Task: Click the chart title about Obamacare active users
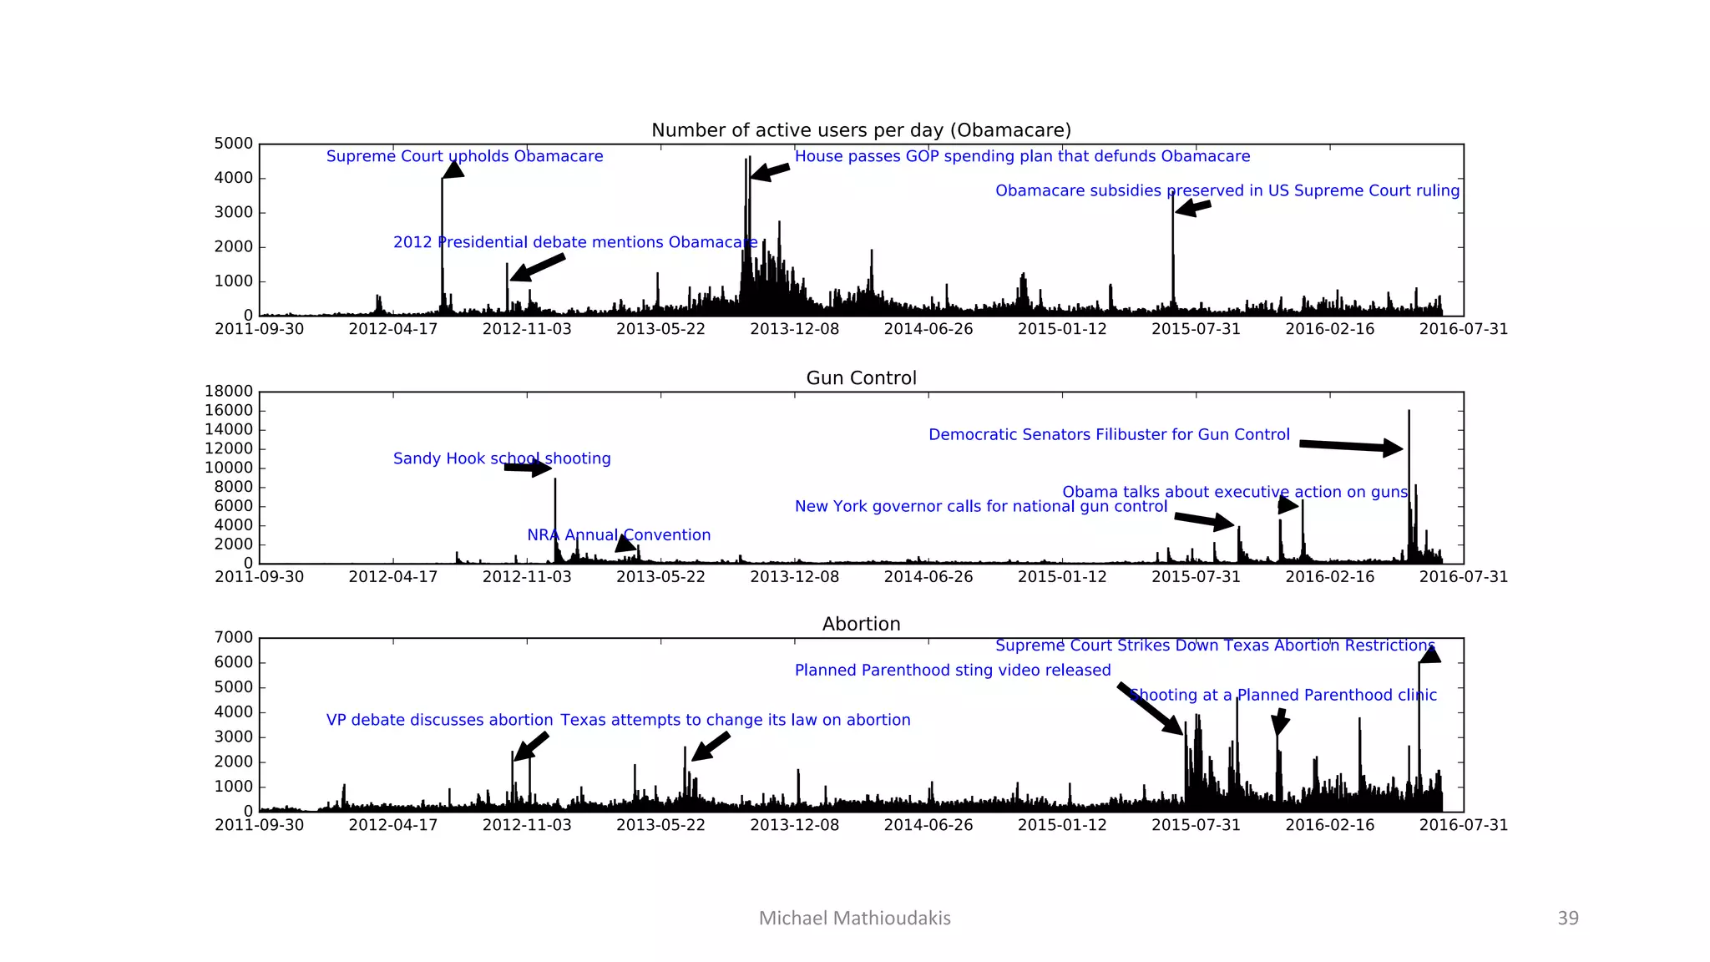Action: pyautogui.click(x=861, y=130)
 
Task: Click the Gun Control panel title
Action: pyautogui.click(x=861, y=377)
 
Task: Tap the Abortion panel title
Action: pyautogui.click(x=861, y=624)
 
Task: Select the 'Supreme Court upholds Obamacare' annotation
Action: pyautogui.click(x=464, y=156)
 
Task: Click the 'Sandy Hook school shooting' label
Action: pyautogui.click(x=502, y=458)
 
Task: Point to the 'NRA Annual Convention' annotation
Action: pyautogui.click(x=619, y=535)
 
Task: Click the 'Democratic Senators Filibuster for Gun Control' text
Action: pyautogui.click(x=1109, y=434)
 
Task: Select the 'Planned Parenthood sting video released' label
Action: pyautogui.click(x=953, y=670)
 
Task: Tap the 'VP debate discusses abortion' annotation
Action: pyautogui.click(x=439, y=720)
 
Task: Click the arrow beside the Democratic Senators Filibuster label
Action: pyautogui.click(x=1350, y=446)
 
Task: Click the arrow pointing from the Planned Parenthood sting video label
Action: pyautogui.click(x=1150, y=708)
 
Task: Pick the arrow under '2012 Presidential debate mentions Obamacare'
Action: pyautogui.click(x=538, y=267)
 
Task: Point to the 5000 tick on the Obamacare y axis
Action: pyautogui.click(x=234, y=144)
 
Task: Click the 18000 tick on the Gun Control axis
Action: pyautogui.click(x=229, y=391)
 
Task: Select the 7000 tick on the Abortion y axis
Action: pyautogui.click(x=234, y=637)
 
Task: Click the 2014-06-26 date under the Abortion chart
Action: pyautogui.click(x=928, y=825)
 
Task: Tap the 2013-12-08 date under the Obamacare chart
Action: pyautogui.click(x=794, y=329)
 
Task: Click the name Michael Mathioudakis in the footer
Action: pyautogui.click(x=854, y=919)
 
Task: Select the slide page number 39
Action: pyautogui.click(x=1567, y=919)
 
